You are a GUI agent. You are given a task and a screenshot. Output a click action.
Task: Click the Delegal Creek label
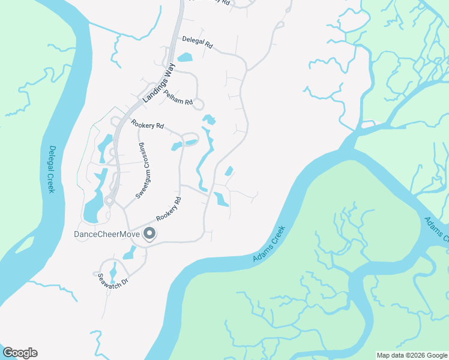click(x=52, y=169)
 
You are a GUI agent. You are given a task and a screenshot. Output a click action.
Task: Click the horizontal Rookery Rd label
click(x=147, y=125)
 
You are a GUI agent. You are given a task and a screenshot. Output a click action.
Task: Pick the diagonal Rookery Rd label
click(x=169, y=209)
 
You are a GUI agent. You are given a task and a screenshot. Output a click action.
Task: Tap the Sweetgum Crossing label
click(x=142, y=171)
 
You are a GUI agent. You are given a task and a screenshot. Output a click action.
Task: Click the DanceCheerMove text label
click(x=106, y=234)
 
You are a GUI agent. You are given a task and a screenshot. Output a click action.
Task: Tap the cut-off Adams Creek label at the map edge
click(x=436, y=229)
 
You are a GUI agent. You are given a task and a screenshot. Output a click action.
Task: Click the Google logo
click(x=20, y=353)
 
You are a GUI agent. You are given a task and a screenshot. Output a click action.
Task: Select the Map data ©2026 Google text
click(x=412, y=355)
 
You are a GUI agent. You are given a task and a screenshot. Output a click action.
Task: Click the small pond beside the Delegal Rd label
click(x=185, y=58)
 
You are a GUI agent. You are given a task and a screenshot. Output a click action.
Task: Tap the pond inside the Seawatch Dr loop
click(x=113, y=273)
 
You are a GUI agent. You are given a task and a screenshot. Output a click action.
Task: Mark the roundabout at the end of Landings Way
click(x=109, y=201)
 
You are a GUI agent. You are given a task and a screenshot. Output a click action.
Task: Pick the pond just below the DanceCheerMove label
click(x=130, y=253)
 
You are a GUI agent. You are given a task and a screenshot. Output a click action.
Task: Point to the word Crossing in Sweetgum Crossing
click(x=143, y=158)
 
